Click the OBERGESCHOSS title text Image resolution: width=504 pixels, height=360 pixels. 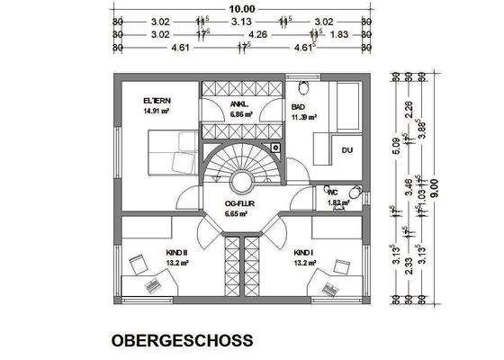point(182,342)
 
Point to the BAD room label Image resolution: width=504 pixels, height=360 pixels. point(299,106)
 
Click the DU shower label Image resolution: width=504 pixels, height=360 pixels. point(347,148)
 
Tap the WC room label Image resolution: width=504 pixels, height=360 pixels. point(332,192)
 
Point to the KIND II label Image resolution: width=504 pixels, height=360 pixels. point(175,253)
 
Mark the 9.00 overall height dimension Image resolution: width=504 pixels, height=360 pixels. point(435,186)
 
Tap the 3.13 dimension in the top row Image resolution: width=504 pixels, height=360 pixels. point(240,20)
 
